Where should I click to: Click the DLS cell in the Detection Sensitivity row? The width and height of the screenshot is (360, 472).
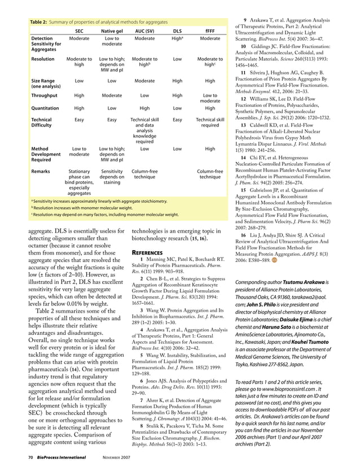[177, 38]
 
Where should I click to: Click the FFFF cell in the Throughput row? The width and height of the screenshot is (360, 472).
[210, 99]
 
